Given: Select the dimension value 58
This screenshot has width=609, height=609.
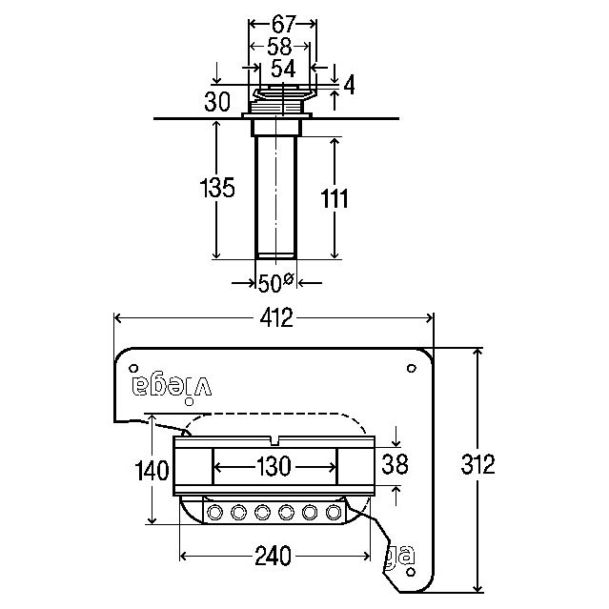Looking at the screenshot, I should pos(281,47).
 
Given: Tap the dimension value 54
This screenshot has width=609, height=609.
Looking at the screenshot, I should pos(282,69).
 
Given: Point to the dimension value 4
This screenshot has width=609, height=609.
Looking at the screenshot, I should pos(348,86).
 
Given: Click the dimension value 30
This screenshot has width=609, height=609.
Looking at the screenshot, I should pos(217,102).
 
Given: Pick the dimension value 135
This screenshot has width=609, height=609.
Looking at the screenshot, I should pos(216,188).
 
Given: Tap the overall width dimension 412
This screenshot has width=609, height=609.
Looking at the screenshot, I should pos(274,318).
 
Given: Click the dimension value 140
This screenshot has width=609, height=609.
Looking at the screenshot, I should pos(152,470).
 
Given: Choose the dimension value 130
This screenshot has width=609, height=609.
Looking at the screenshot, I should pos(274,468).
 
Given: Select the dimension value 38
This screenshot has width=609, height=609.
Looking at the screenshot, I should pos(394,464).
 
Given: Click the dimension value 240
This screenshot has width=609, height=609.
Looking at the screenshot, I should pos(274,556).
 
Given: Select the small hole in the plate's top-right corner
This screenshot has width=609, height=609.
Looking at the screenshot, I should pos(411,366).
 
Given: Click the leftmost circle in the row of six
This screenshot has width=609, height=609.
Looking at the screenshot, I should pos(214,513).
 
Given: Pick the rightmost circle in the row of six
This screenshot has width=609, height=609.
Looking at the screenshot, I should pos(334,513).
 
